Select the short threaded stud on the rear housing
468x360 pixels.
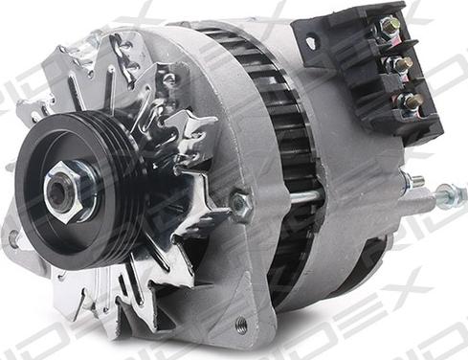click(412, 179)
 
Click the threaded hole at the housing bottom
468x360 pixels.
click(241, 326)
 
